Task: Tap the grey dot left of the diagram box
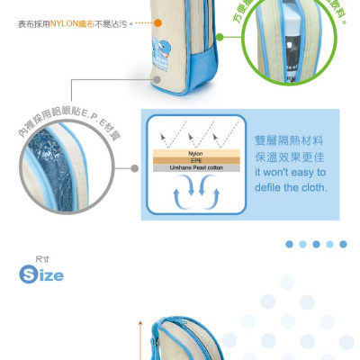(x=134, y=168)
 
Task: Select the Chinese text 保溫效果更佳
(x=288, y=158)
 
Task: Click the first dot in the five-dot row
(x=290, y=244)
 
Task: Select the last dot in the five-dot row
(x=344, y=244)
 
